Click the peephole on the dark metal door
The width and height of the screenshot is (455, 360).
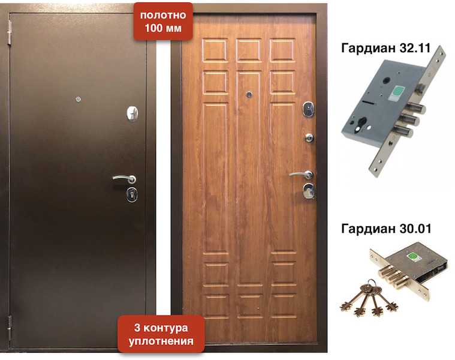pos(78,99)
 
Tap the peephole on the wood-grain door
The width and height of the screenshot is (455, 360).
pos(249,94)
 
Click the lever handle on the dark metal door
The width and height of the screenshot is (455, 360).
pos(125,178)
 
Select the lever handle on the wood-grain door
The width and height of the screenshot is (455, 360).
pos(301,174)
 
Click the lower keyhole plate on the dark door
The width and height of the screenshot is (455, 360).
pos(132,194)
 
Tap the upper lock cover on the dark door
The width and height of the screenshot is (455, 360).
pos(132,113)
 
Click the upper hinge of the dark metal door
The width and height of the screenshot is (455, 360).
pos(10,33)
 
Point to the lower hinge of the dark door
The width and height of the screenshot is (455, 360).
pos(10,328)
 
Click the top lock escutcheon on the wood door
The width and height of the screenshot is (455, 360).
pos(308,109)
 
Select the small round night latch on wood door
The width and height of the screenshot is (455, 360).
pos(309,137)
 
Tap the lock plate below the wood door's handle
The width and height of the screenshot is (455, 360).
pos(309,191)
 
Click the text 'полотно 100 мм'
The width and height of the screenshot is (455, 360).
pos(164,22)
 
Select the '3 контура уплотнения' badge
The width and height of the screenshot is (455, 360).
pos(161,334)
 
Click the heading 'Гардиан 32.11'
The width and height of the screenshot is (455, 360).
pos(386,48)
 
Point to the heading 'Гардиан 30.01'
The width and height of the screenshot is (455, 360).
pos(386,229)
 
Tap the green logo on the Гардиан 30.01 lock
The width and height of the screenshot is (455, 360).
pos(412,257)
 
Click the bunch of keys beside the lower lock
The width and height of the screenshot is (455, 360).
pos(369,299)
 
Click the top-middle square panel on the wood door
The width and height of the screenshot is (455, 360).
pos(248,50)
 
